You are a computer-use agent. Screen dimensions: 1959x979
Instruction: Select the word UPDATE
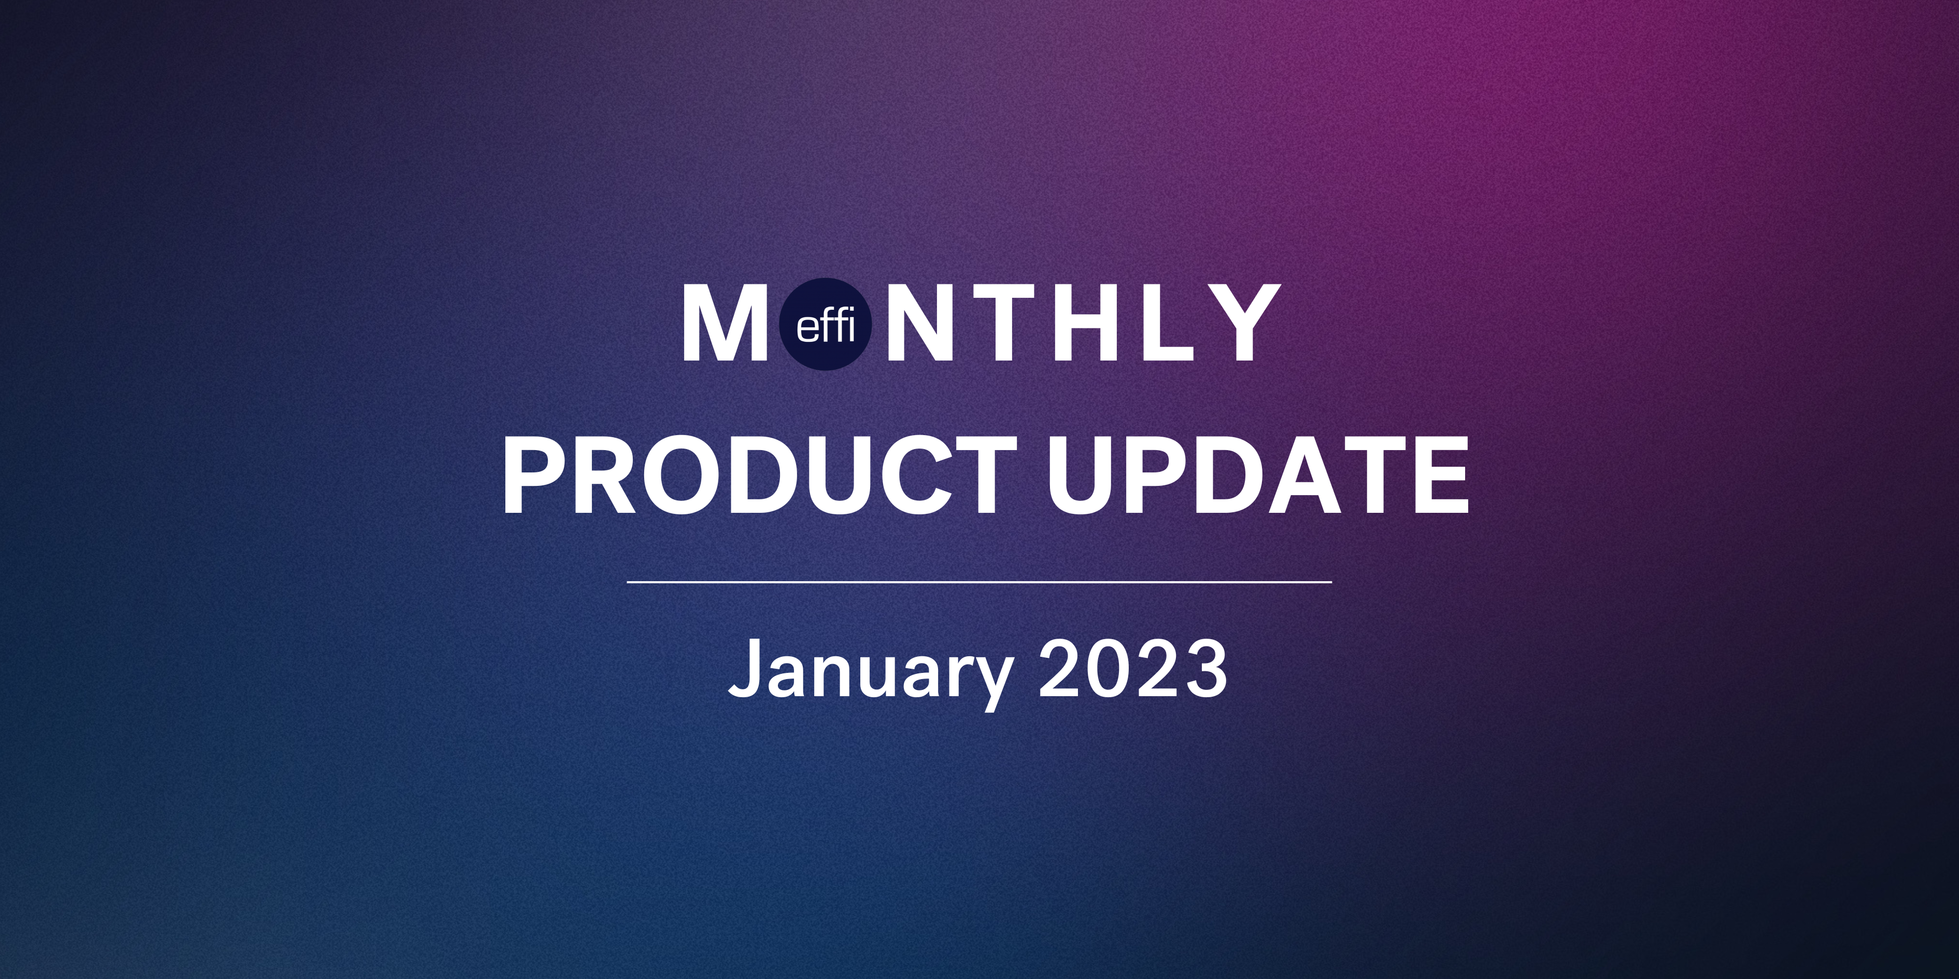(1258, 476)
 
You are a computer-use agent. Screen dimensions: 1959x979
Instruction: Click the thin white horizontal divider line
(980, 582)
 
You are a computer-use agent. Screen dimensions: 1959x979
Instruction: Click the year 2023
(1133, 667)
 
